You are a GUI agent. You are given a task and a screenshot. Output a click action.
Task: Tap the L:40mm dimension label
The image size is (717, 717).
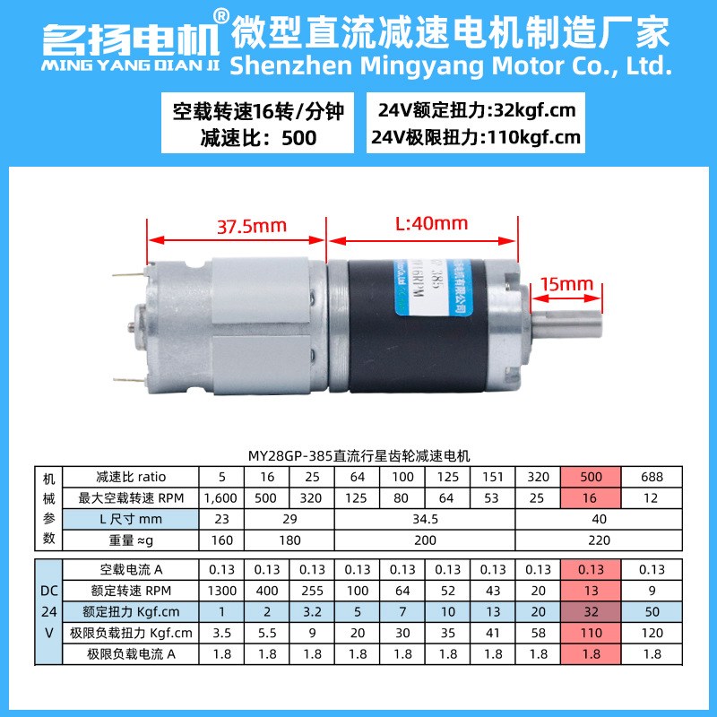(x=431, y=222)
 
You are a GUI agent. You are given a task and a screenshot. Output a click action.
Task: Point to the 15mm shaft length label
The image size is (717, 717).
(x=567, y=284)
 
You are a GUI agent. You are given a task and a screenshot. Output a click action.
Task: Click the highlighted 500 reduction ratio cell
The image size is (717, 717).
(x=592, y=477)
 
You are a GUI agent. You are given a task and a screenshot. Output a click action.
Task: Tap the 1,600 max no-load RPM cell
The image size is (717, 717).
(x=220, y=497)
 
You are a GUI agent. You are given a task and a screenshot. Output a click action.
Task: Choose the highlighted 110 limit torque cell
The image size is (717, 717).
(x=592, y=634)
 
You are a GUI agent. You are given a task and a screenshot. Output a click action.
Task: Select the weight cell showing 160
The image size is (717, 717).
(x=220, y=540)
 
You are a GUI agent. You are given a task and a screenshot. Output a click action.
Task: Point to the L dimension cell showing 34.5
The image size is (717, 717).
(x=424, y=519)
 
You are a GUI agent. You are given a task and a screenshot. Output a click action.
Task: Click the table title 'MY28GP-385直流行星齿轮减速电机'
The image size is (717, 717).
(x=358, y=455)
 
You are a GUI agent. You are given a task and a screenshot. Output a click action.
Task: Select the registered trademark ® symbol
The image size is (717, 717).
(x=220, y=15)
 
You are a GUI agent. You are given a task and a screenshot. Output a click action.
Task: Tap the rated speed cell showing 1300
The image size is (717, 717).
(x=220, y=591)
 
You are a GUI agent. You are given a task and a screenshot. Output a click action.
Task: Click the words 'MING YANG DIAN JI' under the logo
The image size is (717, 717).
(x=129, y=65)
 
